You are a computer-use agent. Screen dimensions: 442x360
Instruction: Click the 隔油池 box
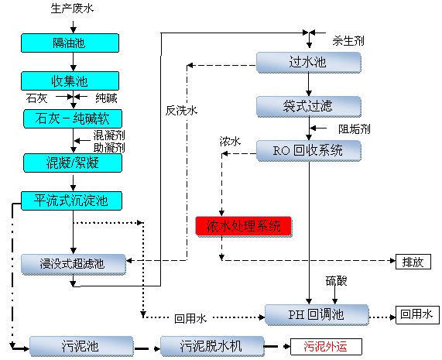click(x=70, y=43)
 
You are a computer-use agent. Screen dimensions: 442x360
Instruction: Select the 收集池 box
click(x=70, y=81)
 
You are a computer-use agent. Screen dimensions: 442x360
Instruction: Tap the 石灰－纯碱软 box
click(x=73, y=118)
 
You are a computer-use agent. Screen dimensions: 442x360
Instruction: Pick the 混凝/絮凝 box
click(x=73, y=163)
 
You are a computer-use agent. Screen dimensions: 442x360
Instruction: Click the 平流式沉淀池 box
click(x=71, y=201)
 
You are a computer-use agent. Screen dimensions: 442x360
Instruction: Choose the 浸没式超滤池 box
click(x=74, y=264)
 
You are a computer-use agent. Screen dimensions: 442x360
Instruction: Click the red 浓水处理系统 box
click(x=244, y=226)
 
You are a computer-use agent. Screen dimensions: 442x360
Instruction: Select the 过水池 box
click(x=308, y=62)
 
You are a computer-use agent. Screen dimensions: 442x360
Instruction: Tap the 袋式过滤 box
click(x=308, y=106)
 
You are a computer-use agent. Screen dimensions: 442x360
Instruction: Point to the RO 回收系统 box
click(x=308, y=150)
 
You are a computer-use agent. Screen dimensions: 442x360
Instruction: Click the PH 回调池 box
click(x=317, y=314)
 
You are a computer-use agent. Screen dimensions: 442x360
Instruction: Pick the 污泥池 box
click(x=81, y=346)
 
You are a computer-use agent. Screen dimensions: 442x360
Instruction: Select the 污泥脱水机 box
click(x=212, y=346)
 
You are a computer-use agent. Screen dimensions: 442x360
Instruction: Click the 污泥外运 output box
click(x=326, y=347)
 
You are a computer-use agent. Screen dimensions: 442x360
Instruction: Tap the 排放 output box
click(x=413, y=262)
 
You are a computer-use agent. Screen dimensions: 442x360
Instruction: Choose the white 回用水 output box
click(x=417, y=315)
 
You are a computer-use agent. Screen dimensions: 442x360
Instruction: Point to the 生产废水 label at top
click(x=72, y=9)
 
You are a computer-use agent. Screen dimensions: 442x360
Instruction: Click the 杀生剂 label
click(x=348, y=41)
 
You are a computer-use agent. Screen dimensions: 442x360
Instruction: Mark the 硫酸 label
click(x=336, y=281)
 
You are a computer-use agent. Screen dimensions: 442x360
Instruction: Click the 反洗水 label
click(x=181, y=111)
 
